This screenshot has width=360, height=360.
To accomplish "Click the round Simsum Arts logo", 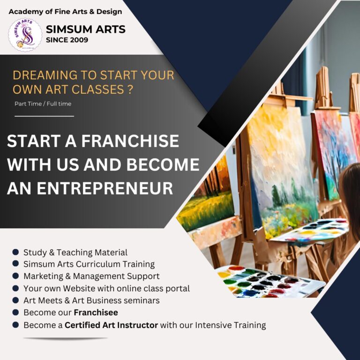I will click(x=25, y=35).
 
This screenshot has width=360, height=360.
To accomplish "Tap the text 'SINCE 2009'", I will click(x=67, y=40).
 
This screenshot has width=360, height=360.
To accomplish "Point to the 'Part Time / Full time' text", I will click(x=43, y=104).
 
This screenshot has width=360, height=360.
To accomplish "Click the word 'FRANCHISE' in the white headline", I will click(x=135, y=141).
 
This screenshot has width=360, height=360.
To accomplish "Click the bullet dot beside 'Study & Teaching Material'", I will click(x=15, y=252).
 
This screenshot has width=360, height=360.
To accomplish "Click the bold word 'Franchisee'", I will click(x=96, y=313).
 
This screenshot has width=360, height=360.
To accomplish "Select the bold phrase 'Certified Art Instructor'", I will click(x=111, y=325).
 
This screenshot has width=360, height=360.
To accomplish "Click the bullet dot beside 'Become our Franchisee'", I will click(x=15, y=313).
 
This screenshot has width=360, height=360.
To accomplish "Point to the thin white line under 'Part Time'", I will click(x=44, y=115).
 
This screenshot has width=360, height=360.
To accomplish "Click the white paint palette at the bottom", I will click(x=270, y=281).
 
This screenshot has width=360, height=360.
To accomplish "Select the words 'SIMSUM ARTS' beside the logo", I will click(x=85, y=30).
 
